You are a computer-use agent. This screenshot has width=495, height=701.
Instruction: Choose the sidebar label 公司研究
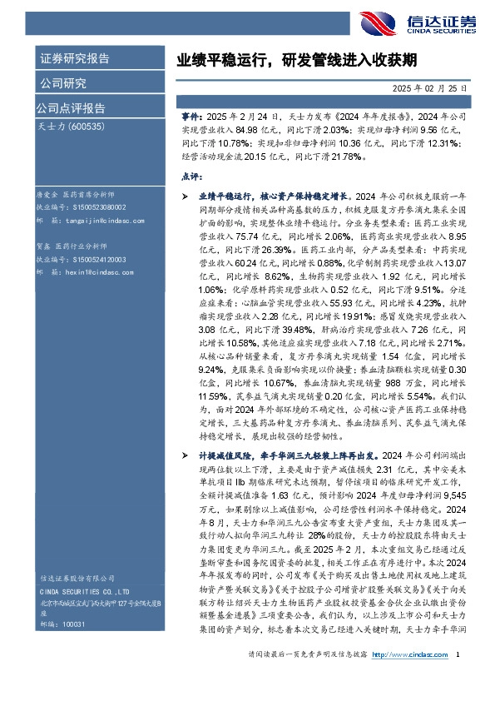pos(63,82)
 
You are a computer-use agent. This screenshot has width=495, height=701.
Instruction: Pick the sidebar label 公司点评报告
pos(71,107)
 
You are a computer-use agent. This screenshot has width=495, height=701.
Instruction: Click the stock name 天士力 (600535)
pos(71,126)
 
